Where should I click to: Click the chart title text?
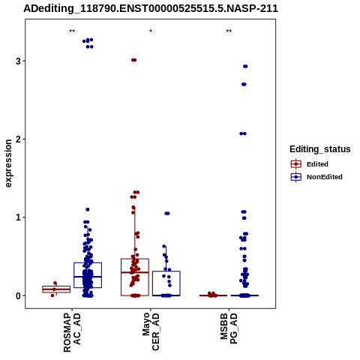(x=151, y=8)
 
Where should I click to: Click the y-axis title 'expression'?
(x=8, y=163)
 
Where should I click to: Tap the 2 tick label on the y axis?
(x=18, y=139)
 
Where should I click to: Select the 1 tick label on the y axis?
(x=18, y=217)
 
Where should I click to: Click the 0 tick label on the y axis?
(x=18, y=295)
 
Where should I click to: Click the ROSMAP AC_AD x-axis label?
(x=72, y=332)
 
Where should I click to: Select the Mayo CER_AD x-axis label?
(x=151, y=331)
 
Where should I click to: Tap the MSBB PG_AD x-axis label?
(x=229, y=328)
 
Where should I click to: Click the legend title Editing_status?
(x=320, y=149)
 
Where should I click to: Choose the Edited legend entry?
(x=310, y=164)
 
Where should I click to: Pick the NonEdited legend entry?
(x=316, y=177)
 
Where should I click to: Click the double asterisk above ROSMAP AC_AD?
(x=72, y=31)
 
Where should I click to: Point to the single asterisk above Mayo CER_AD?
(x=151, y=31)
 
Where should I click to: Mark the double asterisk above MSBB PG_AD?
(x=229, y=31)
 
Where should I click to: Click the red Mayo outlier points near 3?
(x=134, y=60)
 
